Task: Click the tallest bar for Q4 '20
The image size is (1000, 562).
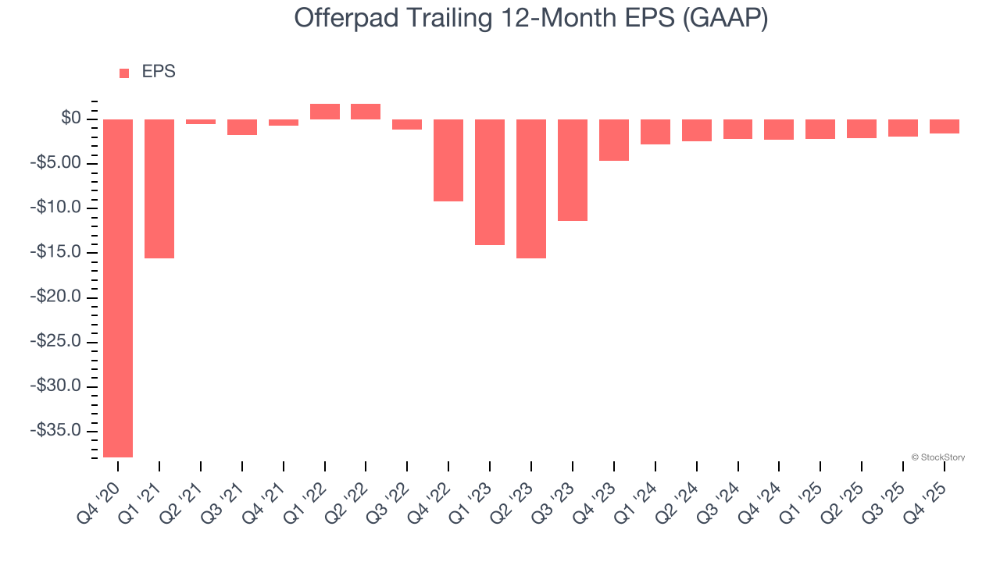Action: click(x=118, y=288)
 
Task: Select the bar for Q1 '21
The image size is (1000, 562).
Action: click(x=159, y=189)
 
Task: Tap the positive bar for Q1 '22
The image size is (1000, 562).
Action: click(x=325, y=112)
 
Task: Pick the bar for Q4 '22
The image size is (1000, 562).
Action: click(x=448, y=160)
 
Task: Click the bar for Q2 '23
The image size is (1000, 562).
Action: click(x=531, y=189)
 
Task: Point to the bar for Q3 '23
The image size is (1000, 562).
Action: click(x=573, y=170)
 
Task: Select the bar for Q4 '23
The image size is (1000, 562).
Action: click(x=614, y=140)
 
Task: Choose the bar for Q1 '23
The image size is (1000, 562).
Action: click(x=490, y=182)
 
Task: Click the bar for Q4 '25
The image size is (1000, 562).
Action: click(x=945, y=126)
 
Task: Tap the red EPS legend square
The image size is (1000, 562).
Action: click(x=124, y=73)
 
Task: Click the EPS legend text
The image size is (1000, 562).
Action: click(x=159, y=72)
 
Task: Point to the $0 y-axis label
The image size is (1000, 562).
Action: click(x=72, y=119)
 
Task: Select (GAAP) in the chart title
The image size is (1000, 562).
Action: click(x=724, y=19)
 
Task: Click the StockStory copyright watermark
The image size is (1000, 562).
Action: click(x=938, y=457)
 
